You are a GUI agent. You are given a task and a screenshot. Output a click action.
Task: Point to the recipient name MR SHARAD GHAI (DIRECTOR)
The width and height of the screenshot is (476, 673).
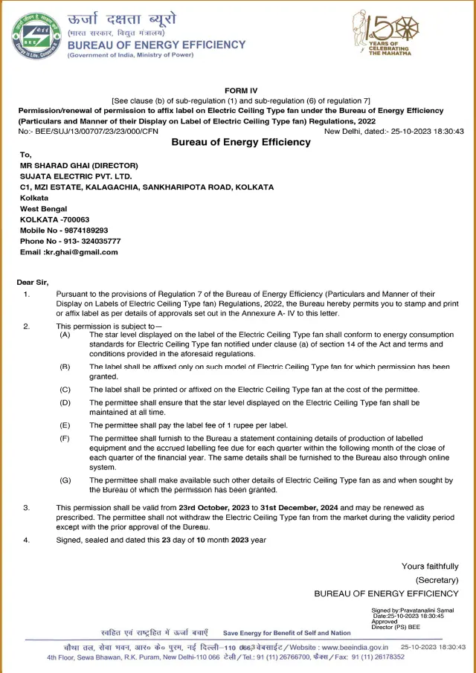coord(80,165)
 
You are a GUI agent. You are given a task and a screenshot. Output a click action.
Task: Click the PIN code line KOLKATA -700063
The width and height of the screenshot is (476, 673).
coord(55,219)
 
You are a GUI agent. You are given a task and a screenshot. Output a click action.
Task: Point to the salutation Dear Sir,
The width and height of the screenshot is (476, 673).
coord(33,282)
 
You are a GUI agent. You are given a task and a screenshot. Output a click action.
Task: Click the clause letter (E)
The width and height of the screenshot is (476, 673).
coord(65,425)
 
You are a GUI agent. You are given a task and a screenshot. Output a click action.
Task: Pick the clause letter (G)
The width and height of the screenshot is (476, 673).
coord(65,480)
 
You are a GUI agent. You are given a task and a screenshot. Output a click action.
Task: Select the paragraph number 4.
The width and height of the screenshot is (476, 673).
coord(26,539)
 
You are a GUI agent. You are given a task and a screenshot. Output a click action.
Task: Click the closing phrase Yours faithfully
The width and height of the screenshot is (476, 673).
coord(430,566)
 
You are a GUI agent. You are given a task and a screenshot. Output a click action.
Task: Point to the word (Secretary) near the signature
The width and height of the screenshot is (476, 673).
coord(437,579)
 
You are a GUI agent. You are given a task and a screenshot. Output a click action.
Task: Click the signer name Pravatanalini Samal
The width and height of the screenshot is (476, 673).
coord(434,611)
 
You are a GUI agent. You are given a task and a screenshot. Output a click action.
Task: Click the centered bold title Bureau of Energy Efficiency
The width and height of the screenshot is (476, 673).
coord(241,142)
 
